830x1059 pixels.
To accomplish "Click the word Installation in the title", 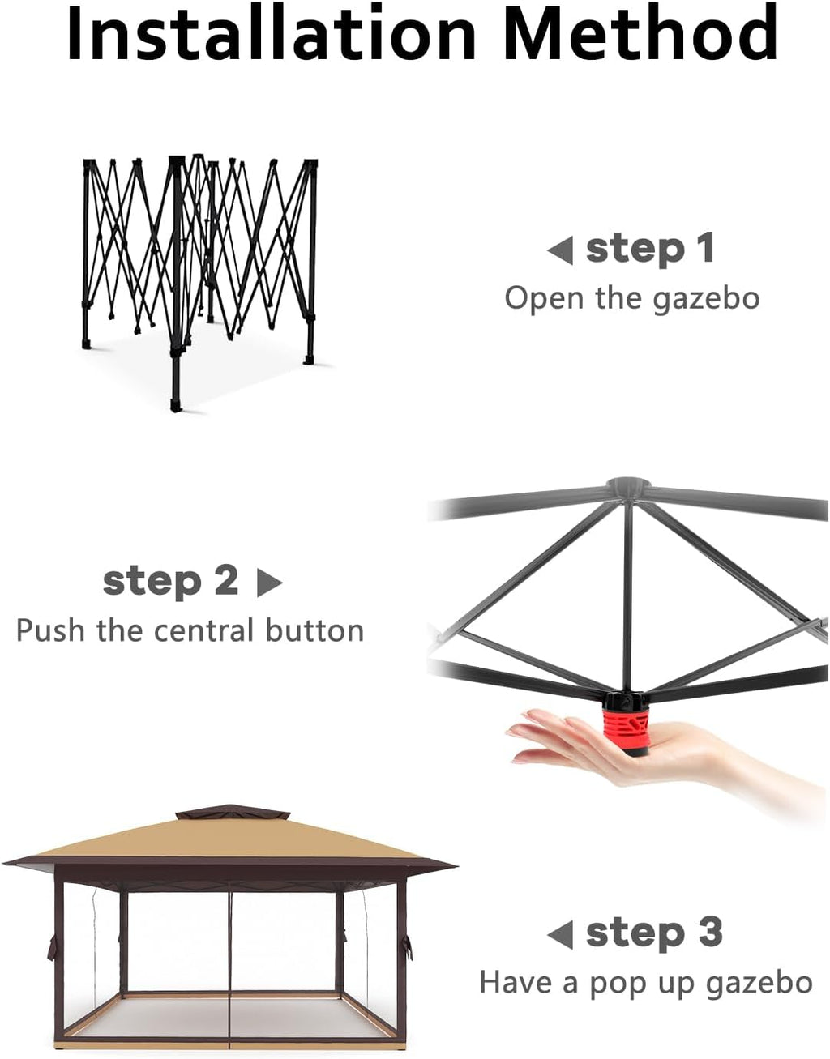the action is point(272,32).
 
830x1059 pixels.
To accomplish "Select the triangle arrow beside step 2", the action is point(269,583).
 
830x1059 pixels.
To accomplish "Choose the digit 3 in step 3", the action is point(709,932).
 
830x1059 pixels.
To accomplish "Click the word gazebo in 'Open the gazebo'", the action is point(706,299).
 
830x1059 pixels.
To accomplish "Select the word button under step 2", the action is point(314,630).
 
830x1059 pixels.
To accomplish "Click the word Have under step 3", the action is point(516,983).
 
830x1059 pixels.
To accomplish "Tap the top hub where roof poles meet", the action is point(628,486).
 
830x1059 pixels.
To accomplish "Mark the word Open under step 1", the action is point(544,299).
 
